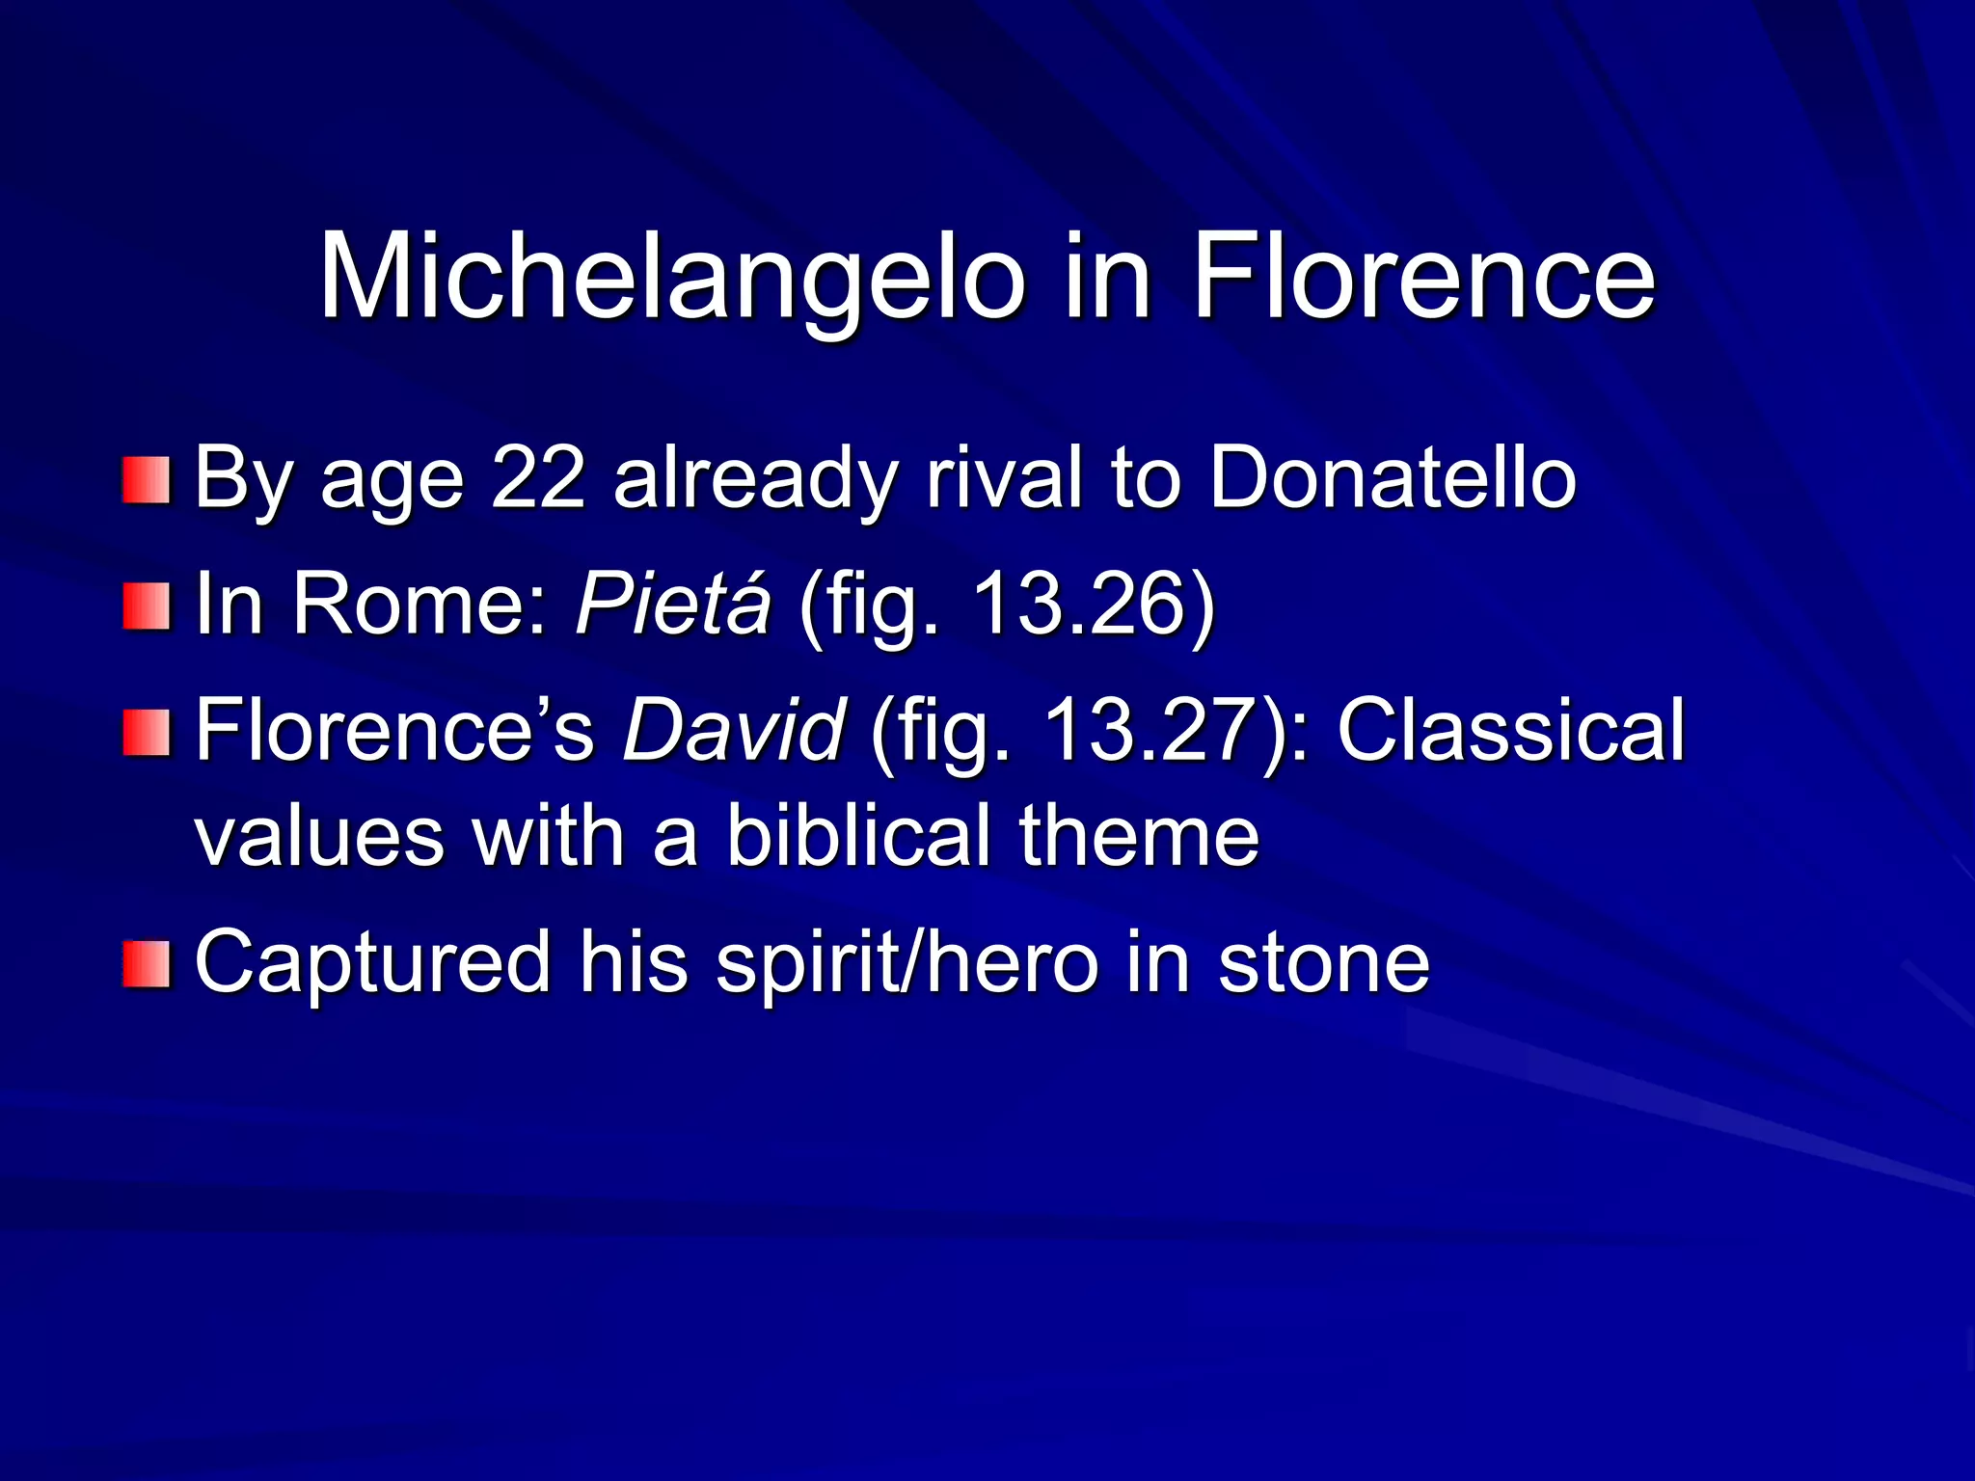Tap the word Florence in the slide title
click(x=1423, y=278)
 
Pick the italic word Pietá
click(x=673, y=604)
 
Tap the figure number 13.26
click(x=1080, y=604)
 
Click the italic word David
click(x=734, y=730)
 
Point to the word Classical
click(x=1510, y=730)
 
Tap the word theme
click(x=1139, y=835)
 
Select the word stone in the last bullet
click(x=1323, y=961)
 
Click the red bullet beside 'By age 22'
click(x=147, y=480)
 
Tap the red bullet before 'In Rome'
click(x=147, y=607)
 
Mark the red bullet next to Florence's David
click(x=147, y=733)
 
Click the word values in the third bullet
click(x=319, y=835)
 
